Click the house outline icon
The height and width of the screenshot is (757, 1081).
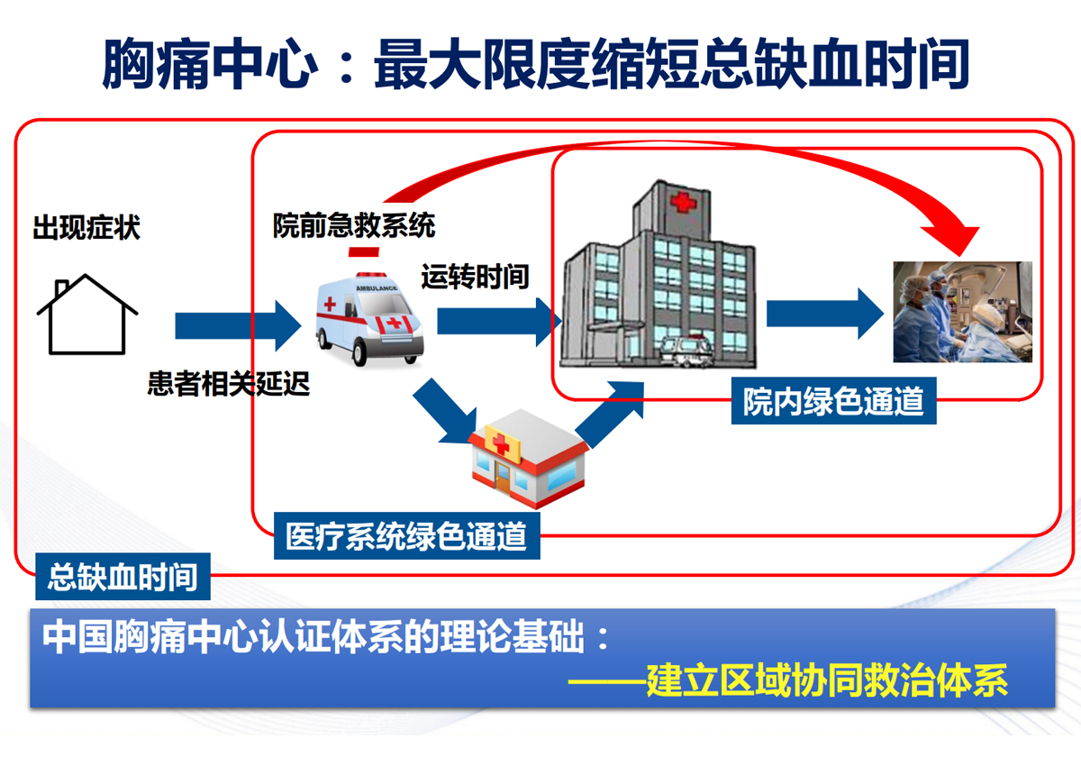click(x=86, y=315)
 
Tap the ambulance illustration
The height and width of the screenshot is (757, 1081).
click(x=370, y=319)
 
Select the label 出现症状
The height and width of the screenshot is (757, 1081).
click(x=86, y=227)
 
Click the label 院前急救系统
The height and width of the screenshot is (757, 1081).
click(x=354, y=225)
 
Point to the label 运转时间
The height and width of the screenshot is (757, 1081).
click(x=475, y=277)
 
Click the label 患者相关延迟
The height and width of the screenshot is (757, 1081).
click(x=228, y=384)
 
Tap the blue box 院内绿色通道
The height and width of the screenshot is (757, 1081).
click(x=833, y=401)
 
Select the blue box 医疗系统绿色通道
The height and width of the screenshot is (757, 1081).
click(x=407, y=536)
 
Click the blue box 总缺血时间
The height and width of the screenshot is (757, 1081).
click(x=123, y=577)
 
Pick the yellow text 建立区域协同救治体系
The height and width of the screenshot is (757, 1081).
click(x=827, y=680)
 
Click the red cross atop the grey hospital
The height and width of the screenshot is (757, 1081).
click(x=684, y=202)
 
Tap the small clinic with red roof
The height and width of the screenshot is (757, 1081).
click(x=529, y=459)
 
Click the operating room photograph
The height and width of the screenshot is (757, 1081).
click(x=963, y=312)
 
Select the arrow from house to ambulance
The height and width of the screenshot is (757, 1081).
click(x=239, y=325)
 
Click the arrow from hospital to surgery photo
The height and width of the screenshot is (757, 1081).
click(x=825, y=314)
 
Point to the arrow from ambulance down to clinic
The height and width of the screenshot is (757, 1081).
click(x=445, y=411)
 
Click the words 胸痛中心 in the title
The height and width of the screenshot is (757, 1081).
click(x=210, y=64)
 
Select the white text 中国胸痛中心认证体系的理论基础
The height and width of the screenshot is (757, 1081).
click(x=313, y=637)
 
